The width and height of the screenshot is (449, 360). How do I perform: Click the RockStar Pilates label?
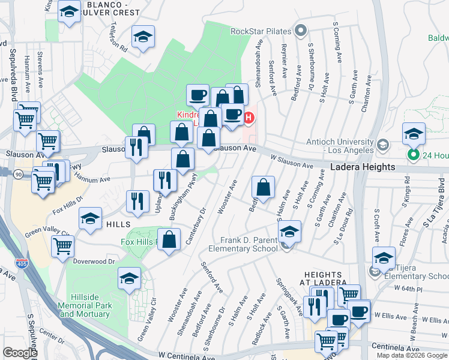[x=261, y=31]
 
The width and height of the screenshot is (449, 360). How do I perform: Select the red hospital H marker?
[x=249, y=118]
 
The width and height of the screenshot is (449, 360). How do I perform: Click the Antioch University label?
[x=339, y=145]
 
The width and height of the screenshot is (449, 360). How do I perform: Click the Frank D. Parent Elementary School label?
[x=243, y=244]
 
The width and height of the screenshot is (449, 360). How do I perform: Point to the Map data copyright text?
[x=412, y=355]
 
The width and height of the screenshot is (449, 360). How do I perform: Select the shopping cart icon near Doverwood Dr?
[x=62, y=245]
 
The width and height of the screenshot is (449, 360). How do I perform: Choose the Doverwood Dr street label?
[x=94, y=262]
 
